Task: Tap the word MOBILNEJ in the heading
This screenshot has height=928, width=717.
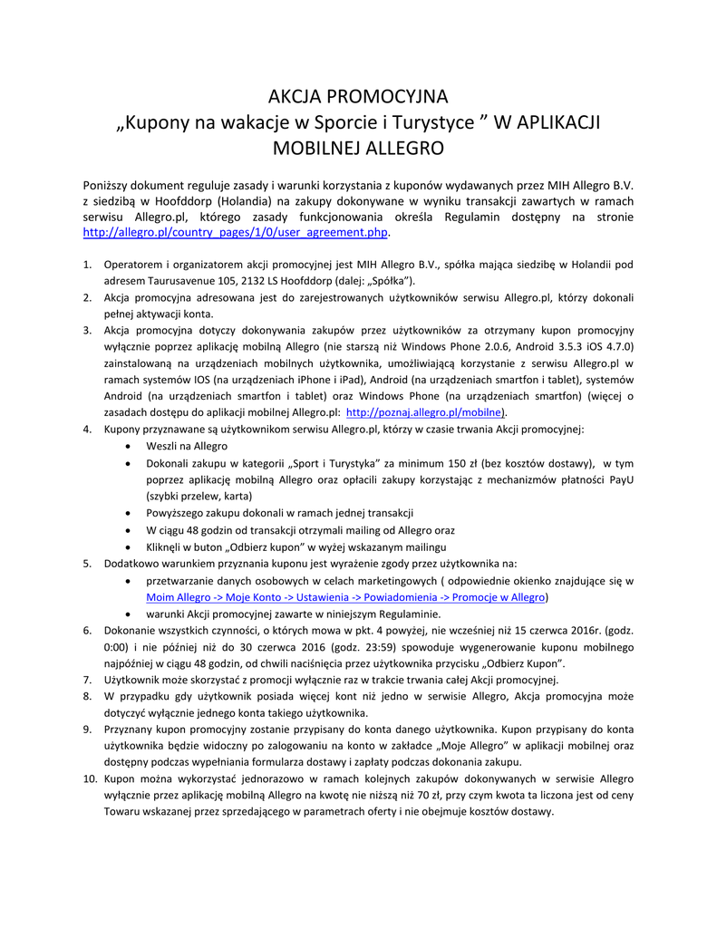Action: pyautogui.click(x=317, y=147)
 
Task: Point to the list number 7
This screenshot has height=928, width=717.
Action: pyautogui.click(x=87, y=680)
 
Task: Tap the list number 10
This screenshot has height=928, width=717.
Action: pyautogui.click(x=90, y=779)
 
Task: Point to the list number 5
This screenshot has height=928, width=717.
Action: pyautogui.click(x=87, y=564)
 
